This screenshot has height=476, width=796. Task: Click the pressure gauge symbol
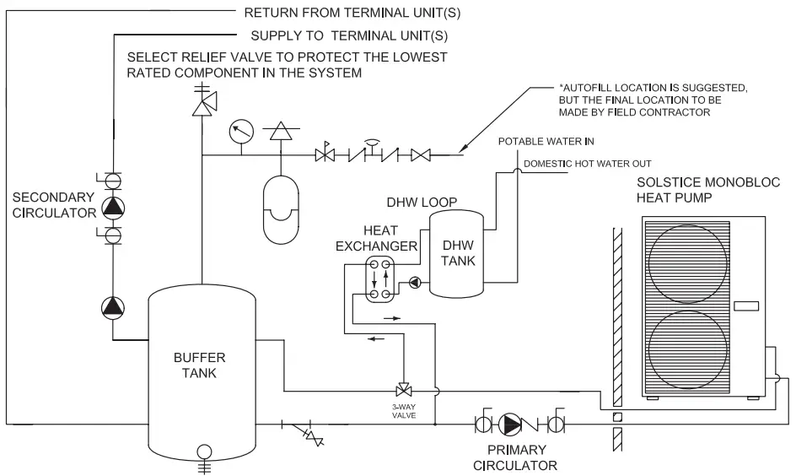(241, 131)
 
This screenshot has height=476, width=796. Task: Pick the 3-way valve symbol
(403, 391)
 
